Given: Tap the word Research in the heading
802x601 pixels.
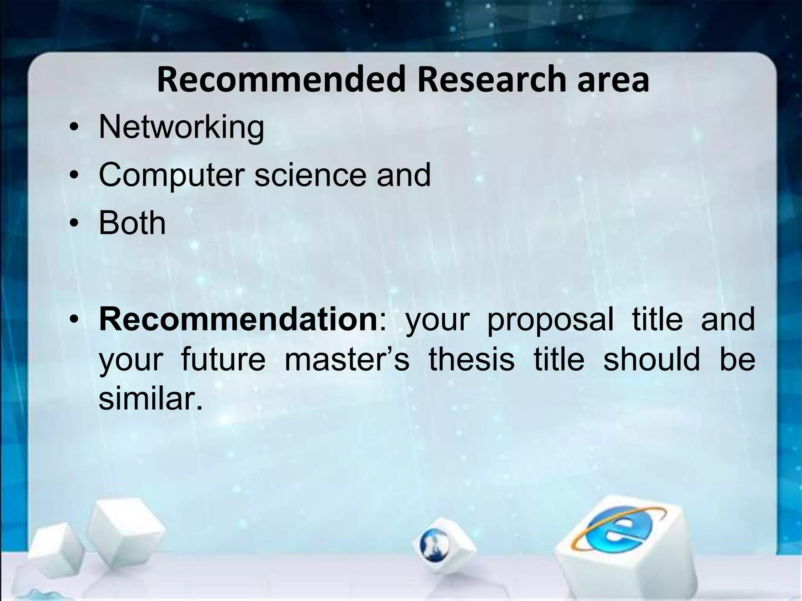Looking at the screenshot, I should tap(491, 80).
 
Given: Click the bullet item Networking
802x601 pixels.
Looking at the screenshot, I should tap(181, 128).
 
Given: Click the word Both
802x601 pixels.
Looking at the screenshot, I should tap(132, 223).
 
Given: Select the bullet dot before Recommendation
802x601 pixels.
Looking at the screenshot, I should tap(73, 321).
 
